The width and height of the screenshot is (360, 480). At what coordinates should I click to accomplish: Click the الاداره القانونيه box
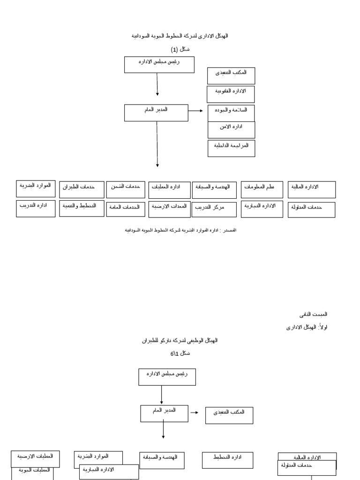[231, 94]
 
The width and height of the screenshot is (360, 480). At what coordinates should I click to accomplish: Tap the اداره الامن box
[231, 130]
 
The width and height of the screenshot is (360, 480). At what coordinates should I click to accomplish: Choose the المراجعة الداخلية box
[231, 148]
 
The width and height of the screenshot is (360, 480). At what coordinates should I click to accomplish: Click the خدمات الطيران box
[82, 190]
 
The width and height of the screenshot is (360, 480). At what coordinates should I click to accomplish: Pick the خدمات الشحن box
[126, 190]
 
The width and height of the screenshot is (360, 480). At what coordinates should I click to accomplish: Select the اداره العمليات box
[169, 190]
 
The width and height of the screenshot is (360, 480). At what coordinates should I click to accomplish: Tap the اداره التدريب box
[36, 209]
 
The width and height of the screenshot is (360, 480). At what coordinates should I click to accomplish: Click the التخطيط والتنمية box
[82, 208]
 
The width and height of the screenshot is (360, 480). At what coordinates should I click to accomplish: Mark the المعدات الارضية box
[169, 209]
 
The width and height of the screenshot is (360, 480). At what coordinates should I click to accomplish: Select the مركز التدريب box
[214, 210]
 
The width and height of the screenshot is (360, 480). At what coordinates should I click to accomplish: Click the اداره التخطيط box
[227, 460]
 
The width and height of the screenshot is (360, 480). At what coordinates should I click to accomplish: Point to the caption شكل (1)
[180, 49]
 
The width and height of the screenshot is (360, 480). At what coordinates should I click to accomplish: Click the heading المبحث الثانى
[314, 314]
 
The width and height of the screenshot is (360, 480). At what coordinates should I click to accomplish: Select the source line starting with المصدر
[180, 230]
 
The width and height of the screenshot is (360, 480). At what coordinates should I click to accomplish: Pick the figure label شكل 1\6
[180, 353]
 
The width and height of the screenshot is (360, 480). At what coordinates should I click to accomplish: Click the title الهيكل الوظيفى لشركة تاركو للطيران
[180, 341]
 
